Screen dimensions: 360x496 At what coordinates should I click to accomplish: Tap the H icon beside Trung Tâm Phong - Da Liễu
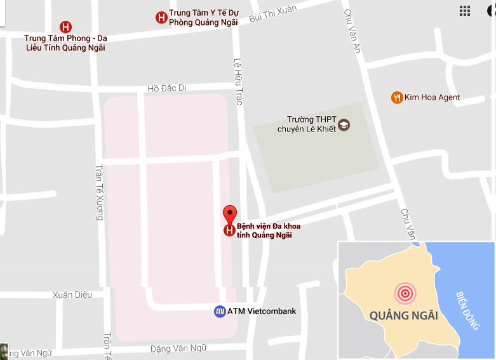[x=65, y=27]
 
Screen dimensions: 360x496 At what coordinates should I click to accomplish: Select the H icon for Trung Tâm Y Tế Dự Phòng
[x=161, y=17]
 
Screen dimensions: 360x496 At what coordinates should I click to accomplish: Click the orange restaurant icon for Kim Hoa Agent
[x=397, y=97]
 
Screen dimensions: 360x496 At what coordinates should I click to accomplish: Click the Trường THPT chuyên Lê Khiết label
[x=306, y=124]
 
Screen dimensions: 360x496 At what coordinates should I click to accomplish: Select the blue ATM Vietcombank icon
[x=220, y=312]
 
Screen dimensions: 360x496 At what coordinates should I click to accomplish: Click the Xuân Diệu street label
[x=73, y=295]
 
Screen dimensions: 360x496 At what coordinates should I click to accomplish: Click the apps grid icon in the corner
[x=465, y=11]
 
